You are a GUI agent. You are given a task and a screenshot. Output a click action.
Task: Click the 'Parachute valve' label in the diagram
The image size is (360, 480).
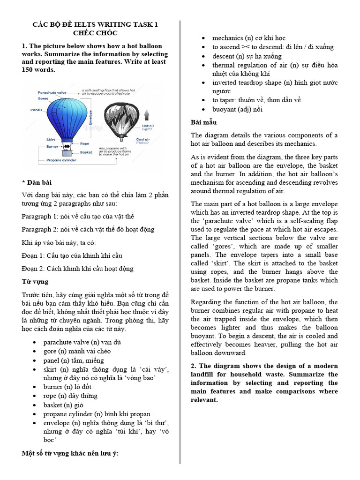pos(50,93)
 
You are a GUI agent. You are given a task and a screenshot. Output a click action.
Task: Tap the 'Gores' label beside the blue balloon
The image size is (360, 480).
pos(44,99)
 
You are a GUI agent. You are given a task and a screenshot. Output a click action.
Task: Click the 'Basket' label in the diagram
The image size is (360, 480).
pos(86,152)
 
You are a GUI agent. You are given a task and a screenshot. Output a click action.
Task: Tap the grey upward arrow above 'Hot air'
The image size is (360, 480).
pos(146,114)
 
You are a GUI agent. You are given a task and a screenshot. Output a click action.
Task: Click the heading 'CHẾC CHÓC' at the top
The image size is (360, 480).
pos(95,33)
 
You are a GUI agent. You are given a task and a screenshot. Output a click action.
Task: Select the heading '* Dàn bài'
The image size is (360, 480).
pos(36,181)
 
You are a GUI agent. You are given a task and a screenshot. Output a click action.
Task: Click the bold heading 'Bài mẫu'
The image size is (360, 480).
pos(203,122)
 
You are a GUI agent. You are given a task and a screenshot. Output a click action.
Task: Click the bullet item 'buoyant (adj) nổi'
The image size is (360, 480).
pos(237,109)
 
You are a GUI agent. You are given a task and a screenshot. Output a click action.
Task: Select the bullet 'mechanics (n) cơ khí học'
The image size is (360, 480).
pos(248,38)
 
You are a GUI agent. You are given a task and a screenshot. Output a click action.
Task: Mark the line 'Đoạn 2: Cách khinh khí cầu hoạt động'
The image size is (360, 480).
pos(77,269)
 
